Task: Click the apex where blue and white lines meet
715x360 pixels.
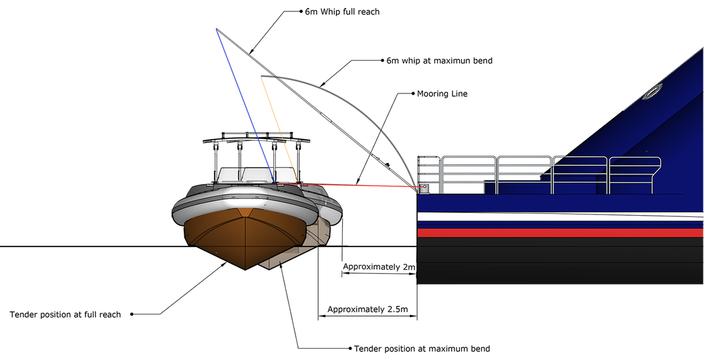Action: (x=216, y=29)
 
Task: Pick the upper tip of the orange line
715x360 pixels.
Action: (x=260, y=77)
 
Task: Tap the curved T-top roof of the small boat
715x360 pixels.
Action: (x=257, y=139)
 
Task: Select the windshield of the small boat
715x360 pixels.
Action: (x=244, y=174)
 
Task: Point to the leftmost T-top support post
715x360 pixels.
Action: (x=216, y=160)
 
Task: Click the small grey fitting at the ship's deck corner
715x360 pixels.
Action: (x=424, y=188)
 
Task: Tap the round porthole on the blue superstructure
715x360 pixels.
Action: (x=650, y=94)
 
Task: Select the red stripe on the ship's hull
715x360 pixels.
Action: (x=561, y=232)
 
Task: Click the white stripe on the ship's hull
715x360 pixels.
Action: (x=561, y=217)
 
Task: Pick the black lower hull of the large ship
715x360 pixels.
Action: (x=561, y=264)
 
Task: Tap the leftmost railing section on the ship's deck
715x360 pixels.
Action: (x=429, y=175)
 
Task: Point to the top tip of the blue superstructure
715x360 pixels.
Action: (x=702, y=49)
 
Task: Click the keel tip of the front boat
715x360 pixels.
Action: (x=246, y=268)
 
